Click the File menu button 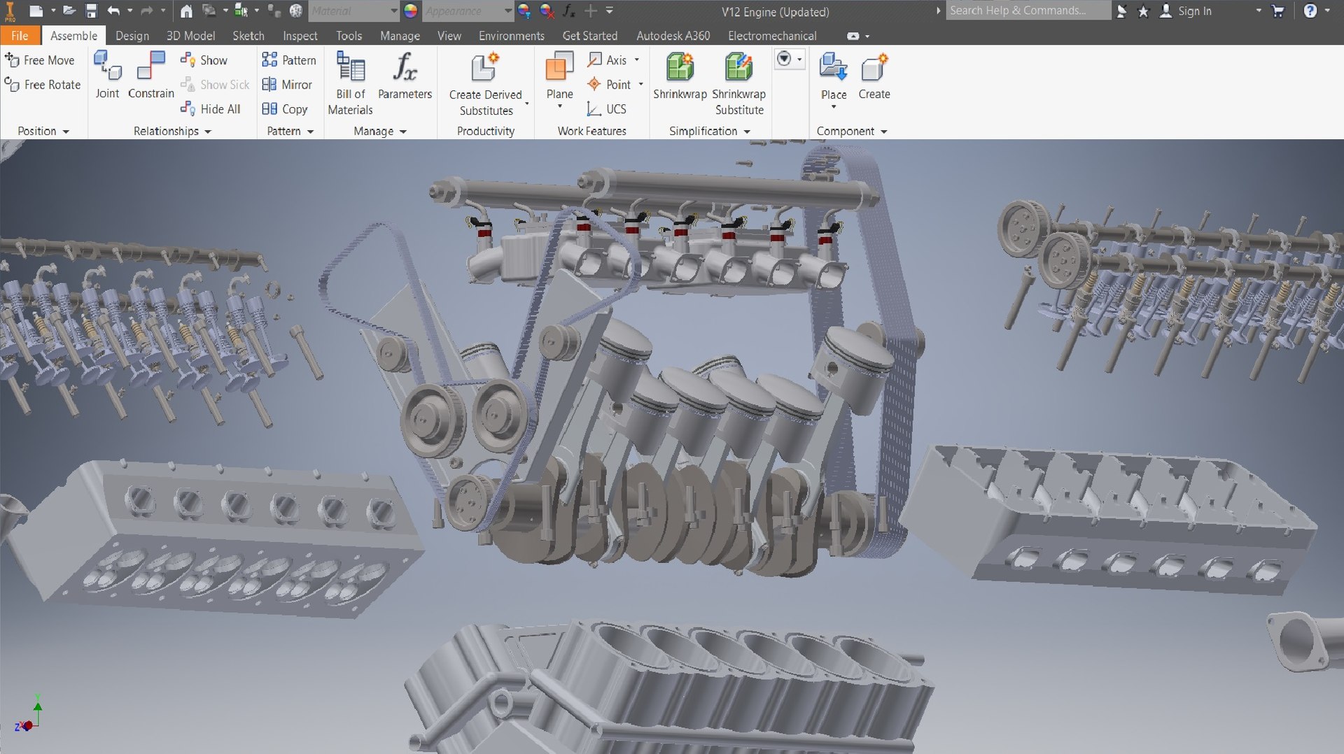tap(20, 36)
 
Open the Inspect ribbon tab tap(300, 36)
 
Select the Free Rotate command tap(43, 85)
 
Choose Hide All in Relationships tap(211, 109)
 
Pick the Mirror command tap(287, 85)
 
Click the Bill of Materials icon tap(350, 68)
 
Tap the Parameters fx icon tap(405, 68)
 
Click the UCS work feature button tap(607, 109)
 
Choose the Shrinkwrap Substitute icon tap(738, 68)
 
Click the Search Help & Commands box tap(1026, 10)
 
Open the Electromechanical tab tap(771, 36)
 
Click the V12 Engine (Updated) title tap(775, 12)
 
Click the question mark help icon tap(1310, 10)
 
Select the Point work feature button tap(610, 85)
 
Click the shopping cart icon tap(1277, 11)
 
